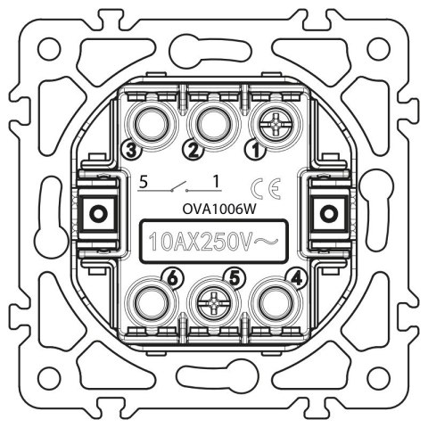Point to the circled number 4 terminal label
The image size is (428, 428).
pos(297,279)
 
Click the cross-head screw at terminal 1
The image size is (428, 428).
pos(276,125)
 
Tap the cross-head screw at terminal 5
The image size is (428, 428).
pos(214,303)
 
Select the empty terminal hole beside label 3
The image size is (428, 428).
pos(152,125)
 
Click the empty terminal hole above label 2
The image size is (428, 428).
pos(214,125)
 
